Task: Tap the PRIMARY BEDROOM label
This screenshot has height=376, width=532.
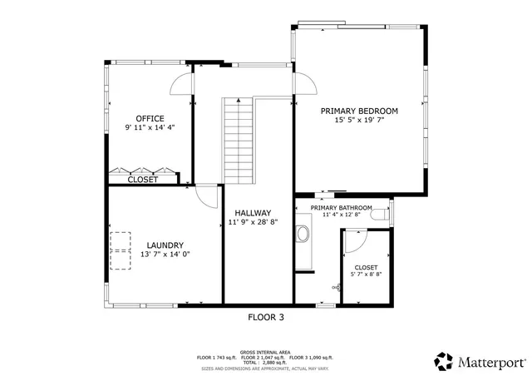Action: [x=360, y=111]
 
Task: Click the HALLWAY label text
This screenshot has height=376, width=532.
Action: [x=253, y=213]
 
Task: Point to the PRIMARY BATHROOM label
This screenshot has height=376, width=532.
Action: [x=341, y=207]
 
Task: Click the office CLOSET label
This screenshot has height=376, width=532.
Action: [x=143, y=179]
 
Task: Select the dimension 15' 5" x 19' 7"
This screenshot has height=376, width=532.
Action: [x=360, y=121]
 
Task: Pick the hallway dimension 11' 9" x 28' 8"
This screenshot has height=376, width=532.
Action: [x=253, y=223]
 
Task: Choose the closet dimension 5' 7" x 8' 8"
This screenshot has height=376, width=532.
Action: [x=367, y=274]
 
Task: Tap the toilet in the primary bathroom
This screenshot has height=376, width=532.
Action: [x=382, y=214]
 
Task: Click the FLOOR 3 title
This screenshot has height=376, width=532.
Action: [x=266, y=317]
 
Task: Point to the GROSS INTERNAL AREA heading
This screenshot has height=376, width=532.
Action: [x=266, y=352]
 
